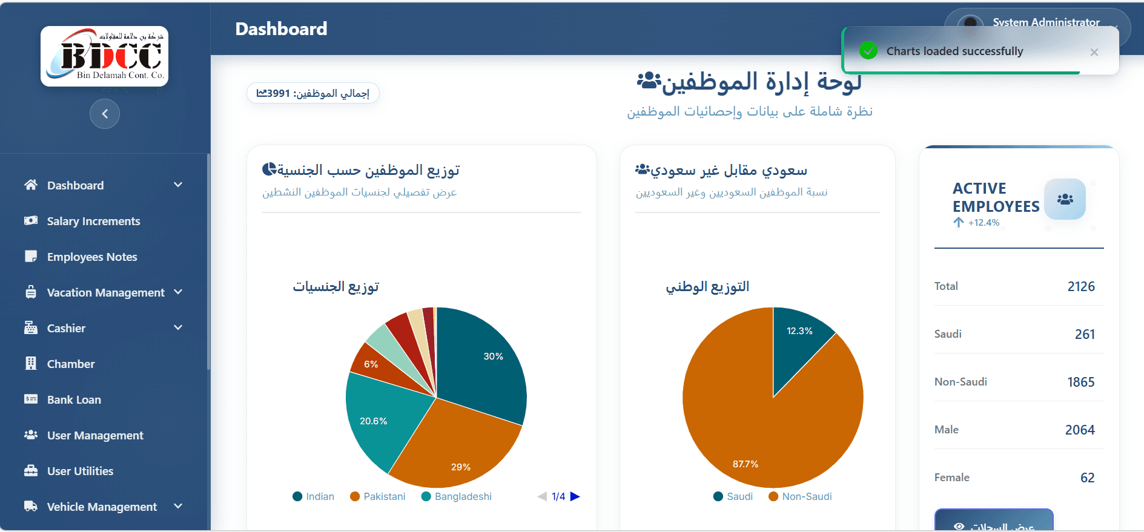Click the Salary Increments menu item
point(93,221)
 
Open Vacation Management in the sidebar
point(105,292)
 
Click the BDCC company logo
point(104,56)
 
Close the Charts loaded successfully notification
point(1094,52)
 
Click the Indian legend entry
point(314,496)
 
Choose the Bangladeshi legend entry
point(457,496)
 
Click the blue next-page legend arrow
point(575,496)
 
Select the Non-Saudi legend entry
point(801,496)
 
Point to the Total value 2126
point(1080,286)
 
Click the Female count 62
point(1087,478)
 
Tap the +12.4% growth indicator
point(977,223)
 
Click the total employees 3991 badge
point(312,93)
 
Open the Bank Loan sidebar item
point(74,399)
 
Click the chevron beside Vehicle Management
point(178,506)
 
